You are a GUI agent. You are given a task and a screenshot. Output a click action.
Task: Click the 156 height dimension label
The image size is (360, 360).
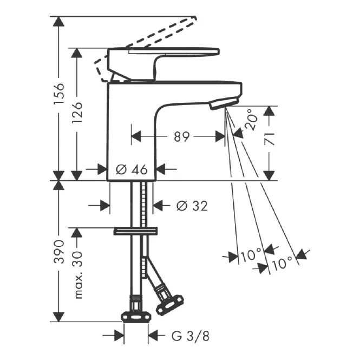pyautogui.click(x=59, y=94)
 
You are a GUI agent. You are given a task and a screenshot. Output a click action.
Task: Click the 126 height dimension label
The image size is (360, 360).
pyautogui.click(x=77, y=112)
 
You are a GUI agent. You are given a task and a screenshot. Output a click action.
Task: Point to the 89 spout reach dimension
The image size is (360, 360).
pyautogui.click(x=181, y=136)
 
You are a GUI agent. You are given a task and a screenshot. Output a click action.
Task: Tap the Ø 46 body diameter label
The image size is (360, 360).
pyautogui.click(x=132, y=169)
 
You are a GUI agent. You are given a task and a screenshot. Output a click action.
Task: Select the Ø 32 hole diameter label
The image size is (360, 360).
pyautogui.click(x=192, y=206)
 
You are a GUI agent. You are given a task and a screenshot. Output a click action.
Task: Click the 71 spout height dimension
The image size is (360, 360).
pyautogui.click(x=269, y=139)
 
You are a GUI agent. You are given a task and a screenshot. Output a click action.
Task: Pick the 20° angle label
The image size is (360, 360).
pyautogui.click(x=251, y=120)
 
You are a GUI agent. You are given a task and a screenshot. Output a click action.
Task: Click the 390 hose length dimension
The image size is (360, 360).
pyautogui.click(x=59, y=252)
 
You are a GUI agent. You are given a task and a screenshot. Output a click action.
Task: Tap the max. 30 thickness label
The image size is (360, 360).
pyautogui.click(x=78, y=275)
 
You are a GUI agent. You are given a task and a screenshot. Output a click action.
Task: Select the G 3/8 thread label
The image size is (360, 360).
pyautogui.click(x=191, y=336)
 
